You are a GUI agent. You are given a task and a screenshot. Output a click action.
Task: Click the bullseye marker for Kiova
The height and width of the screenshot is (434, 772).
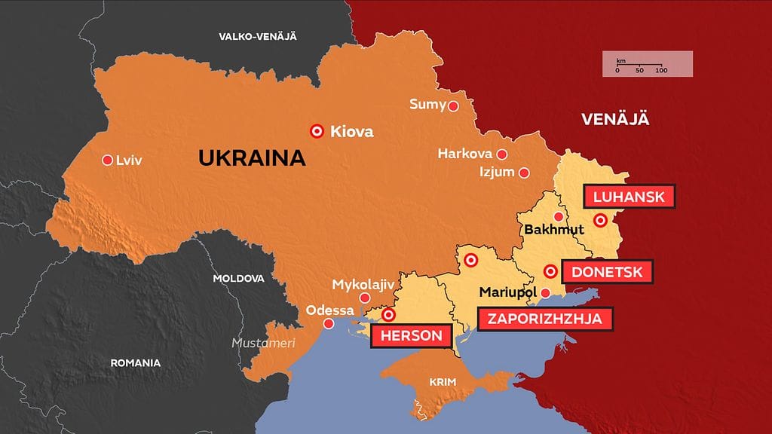click(317, 131)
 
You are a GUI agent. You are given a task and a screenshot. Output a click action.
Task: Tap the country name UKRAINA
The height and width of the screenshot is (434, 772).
click(252, 158)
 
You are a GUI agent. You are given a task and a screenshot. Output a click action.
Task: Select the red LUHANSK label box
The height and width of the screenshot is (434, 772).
click(629, 197)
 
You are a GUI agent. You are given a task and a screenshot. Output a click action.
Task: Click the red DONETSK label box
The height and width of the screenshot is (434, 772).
click(607, 272)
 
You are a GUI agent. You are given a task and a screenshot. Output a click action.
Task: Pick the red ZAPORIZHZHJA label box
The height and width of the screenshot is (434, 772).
click(545, 319)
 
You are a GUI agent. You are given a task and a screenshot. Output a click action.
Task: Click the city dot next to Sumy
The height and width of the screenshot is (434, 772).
click(454, 106)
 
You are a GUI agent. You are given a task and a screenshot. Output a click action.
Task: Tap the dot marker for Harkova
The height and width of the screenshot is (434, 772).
click(502, 154)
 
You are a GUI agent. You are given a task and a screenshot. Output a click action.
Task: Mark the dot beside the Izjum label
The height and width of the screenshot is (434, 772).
click(525, 173)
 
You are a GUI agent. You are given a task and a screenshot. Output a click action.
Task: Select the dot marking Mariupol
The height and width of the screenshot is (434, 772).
click(546, 293)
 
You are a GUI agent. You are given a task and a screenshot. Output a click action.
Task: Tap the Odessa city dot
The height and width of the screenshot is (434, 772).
click(329, 324)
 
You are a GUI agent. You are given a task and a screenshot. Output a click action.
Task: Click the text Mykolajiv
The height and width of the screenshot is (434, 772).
click(363, 285)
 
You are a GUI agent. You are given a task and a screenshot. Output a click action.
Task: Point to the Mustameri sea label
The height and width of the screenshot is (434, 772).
click(263, 343)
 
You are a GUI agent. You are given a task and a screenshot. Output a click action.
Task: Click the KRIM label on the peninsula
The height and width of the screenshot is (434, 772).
click(443, 382)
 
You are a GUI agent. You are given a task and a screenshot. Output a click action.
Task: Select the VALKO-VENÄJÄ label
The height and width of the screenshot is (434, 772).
click(257, 36)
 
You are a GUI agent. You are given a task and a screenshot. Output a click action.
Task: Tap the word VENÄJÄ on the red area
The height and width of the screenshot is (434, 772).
click(615, 119)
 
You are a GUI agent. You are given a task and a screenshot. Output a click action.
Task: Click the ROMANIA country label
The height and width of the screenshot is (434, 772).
click(136, 362)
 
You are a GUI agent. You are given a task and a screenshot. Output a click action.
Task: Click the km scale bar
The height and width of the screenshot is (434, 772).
click(646, 65)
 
